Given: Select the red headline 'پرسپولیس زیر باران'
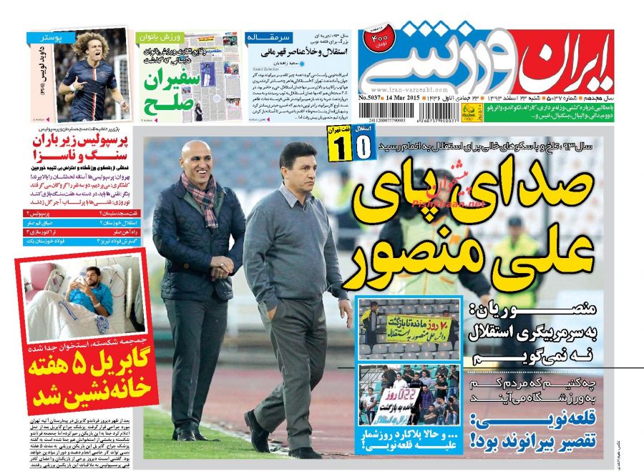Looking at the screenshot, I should [86, 140].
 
